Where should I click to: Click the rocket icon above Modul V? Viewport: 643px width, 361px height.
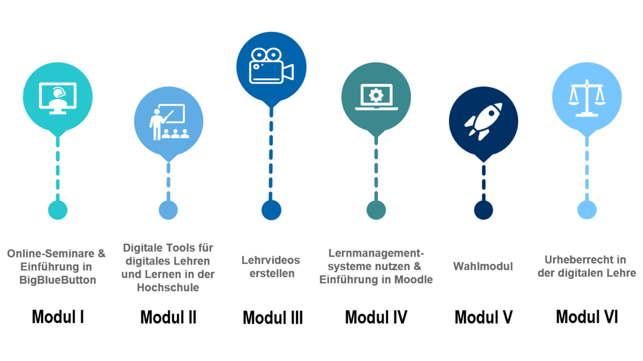pos(483,121)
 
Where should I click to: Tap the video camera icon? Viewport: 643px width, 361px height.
pos(271,66)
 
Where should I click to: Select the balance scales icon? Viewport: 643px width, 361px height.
pos(587,97)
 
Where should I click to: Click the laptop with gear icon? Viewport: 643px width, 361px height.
pos(376,96)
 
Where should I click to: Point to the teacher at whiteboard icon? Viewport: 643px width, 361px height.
pos(169,122)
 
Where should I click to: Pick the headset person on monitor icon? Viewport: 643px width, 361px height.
pos(58,97)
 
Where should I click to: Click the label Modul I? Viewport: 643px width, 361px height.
pos(58,317)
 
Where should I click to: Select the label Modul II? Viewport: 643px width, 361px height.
pos(168,318)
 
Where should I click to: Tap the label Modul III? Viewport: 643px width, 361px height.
pos(273,318)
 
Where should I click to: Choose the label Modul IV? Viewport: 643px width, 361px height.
pos(376,317)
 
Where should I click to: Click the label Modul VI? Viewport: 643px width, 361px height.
pos(587,317)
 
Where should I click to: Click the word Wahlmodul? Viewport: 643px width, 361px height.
pos(483,266)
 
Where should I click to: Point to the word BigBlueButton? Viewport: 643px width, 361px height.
pos(57,280)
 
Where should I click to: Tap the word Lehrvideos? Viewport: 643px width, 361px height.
pos(271,260)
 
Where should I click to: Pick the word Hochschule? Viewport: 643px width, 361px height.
pos(168,288)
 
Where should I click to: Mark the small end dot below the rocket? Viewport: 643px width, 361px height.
pos(483,210)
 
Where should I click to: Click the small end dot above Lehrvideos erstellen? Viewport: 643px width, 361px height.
pos(271,210)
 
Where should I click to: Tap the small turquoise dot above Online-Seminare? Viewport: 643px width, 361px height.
pos(58,210)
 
